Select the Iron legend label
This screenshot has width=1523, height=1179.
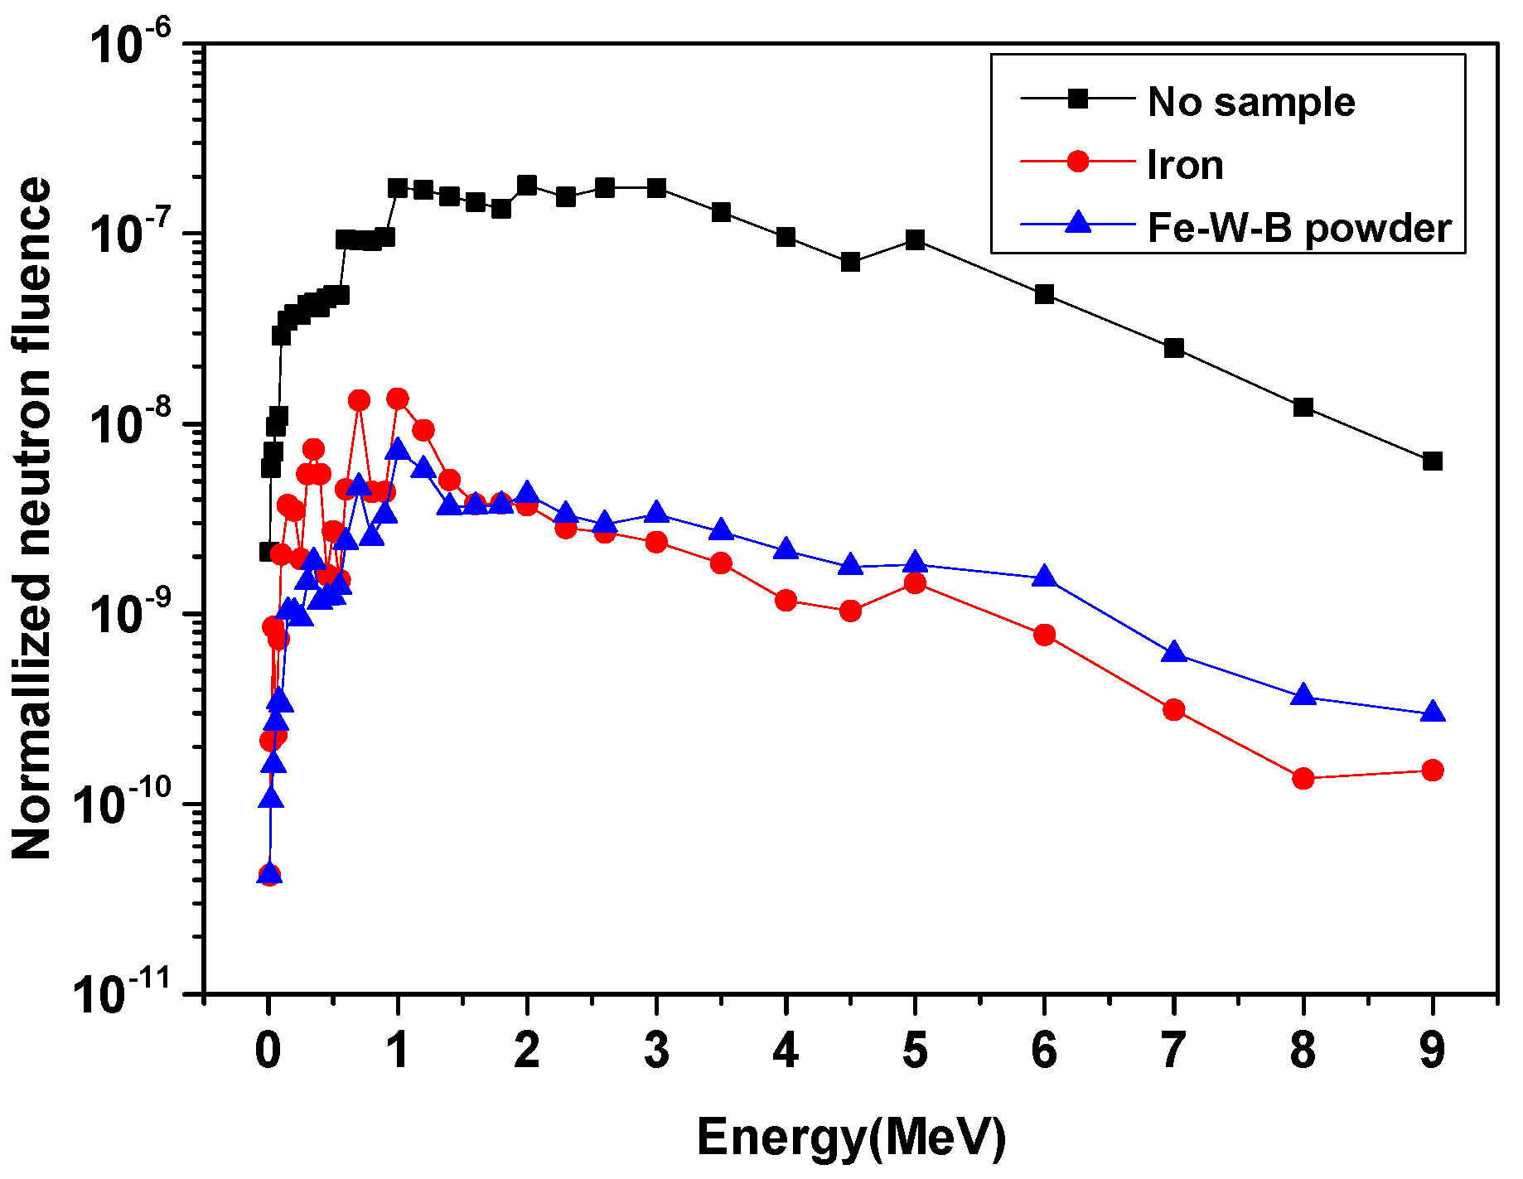[1185, 165]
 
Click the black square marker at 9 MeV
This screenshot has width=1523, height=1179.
[1433, 461]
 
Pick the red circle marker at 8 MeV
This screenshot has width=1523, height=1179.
[1303, 778]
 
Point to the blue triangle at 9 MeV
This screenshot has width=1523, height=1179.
[1433, 712]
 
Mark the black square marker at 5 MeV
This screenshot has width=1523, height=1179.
[916, 240]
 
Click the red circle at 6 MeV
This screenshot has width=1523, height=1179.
[1045, 635]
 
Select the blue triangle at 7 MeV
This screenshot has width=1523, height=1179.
[1174, 652]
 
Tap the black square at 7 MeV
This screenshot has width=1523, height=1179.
[1174, 348]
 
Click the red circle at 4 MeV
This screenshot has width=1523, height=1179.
[786, 601]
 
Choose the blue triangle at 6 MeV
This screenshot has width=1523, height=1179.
[1045, 576]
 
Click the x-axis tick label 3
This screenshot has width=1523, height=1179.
[656, 1051]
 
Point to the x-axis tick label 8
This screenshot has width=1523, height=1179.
[1303, 1051]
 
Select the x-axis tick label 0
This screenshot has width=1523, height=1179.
[268, 1051]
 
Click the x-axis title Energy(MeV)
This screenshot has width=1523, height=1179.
[851, 1137]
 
